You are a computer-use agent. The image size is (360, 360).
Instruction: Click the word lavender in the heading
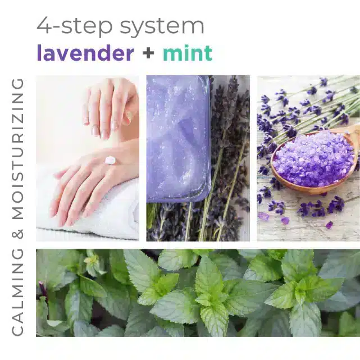coord(85,53)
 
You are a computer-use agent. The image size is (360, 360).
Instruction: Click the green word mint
coord(188,53)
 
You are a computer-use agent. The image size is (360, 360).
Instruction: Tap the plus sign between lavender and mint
coord(148,53)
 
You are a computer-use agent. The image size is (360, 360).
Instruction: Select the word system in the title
coord(162,26)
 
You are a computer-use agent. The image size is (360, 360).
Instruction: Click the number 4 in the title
coord(44,25)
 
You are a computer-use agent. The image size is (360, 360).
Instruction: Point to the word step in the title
coord(87,26)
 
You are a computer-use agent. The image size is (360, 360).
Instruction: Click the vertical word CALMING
coord(17,292)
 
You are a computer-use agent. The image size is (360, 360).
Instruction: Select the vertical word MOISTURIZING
coord(17,149)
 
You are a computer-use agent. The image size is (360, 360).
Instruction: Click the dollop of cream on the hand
coord(110,160)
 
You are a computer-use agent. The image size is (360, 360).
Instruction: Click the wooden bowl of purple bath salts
coord(314,161)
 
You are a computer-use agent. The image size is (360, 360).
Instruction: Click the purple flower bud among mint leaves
coord(43,288)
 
